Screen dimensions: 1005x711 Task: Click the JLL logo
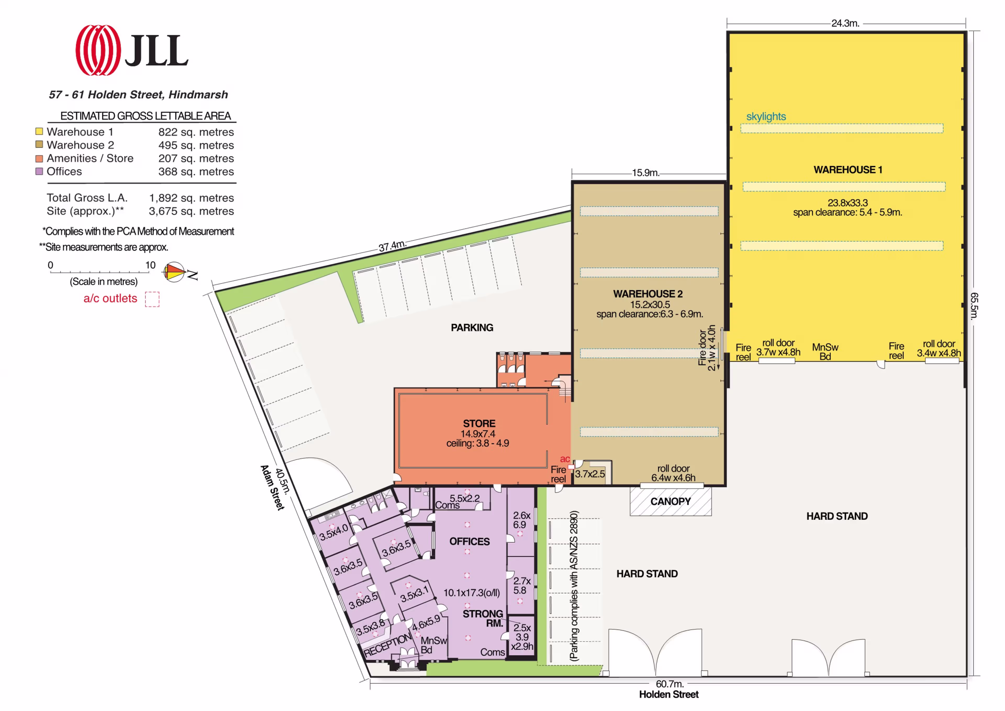point(132,50)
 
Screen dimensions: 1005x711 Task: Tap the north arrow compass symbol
point(174,272)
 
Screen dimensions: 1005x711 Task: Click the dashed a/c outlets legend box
point(152,299)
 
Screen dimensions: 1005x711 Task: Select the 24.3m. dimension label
point(845,23)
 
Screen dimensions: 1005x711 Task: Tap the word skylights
point(766,116)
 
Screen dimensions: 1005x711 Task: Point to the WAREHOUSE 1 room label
point(848,170)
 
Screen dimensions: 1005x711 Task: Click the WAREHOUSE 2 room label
point(648,294)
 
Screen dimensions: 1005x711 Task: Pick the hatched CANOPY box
point(671,501)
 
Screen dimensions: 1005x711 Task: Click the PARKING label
point(472,327)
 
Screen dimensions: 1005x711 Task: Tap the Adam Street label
point(272,487)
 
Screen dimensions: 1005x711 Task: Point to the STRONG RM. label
point(483,618)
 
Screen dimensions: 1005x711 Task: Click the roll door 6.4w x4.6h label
point(673,473)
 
